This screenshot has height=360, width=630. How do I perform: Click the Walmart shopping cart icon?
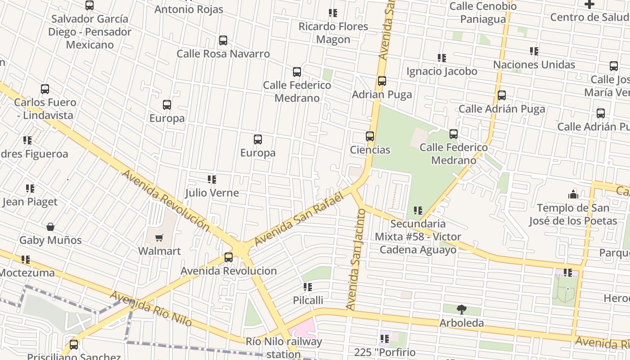[x=159, y=238]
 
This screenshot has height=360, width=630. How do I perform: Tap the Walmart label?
[x=159, y=251]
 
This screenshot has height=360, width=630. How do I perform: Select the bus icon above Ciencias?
[x=370, y=136]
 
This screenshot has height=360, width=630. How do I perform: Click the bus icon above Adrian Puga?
[x=382, y=81]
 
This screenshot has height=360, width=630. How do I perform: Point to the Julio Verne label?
[x=212, y=193]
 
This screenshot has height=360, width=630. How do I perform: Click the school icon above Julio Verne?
[x=212, y=180]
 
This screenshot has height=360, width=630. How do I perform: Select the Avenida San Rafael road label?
[x=299, y=219]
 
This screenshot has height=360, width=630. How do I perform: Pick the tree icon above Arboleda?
[x=461, y=310]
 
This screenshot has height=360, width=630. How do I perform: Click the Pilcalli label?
[x=308, y=300]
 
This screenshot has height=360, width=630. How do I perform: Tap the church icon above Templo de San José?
[x=573, y=194]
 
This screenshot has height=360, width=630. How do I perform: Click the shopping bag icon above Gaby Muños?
[x=50, y=227]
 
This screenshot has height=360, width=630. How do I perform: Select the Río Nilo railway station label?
[x=284, y=347]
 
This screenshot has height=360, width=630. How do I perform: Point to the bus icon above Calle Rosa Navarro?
[x=223, y=40]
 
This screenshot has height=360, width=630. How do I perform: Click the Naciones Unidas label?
[x=534, y=65]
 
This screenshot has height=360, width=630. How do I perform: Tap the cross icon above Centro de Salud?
[x=589, y=4]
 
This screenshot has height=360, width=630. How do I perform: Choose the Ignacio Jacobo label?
[x=441, y=72]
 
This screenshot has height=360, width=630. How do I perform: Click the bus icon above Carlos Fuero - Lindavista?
[x=45, y=89]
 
